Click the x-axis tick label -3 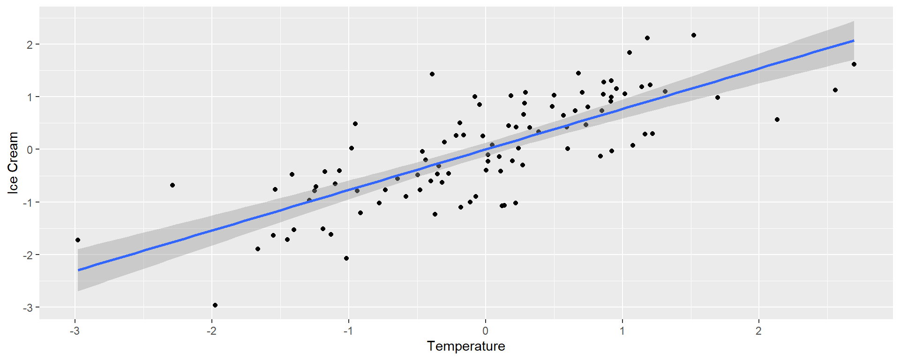(75, 331)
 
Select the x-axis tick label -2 (211, 331)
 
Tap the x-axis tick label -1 (348, 331)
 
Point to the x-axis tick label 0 (485, 331)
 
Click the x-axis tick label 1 (622, 331)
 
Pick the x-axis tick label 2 (758, 331)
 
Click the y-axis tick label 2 (30, 45)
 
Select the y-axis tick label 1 (30, 97)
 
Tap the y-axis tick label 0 (30, 150)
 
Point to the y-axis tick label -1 (28, 202)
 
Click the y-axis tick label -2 (28, 255)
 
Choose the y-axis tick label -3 (28, 307)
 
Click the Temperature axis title (466, 346)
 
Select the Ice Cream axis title (13, 162)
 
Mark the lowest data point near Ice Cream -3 (215, 305)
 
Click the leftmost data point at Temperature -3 (78, 240)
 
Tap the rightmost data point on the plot (854, 64)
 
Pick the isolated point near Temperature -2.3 (172, 185)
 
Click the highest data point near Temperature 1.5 (694, 35)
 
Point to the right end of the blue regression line (854, 41)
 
